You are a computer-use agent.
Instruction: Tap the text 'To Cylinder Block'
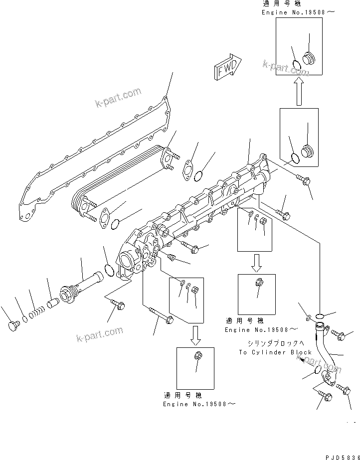click(275, 352)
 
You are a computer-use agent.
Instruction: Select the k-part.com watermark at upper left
click(118, 98)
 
